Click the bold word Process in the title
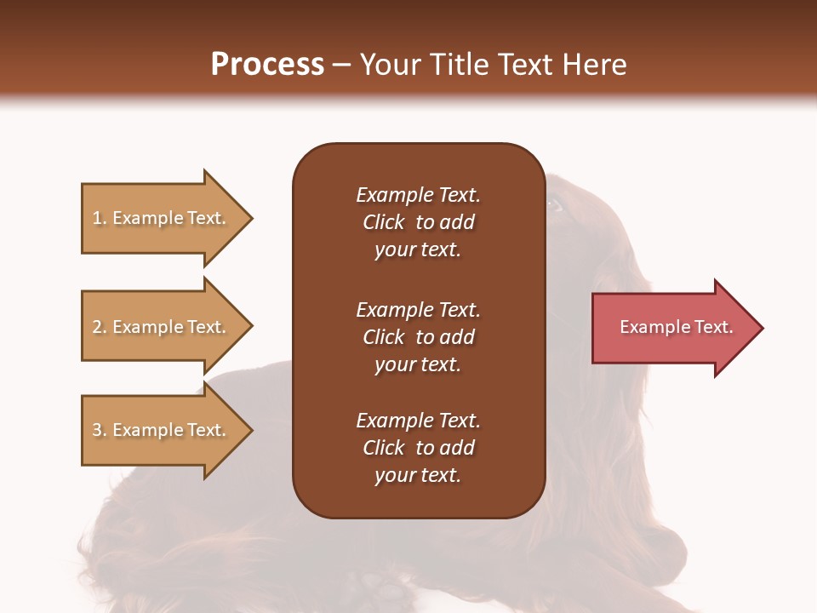(267, 65)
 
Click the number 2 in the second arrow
(97, 327)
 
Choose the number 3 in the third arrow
(97, 430)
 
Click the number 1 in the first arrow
(97, 218)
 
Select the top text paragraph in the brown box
(418, 222)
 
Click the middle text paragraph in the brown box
(418, 336)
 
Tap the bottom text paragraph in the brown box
(418, 448)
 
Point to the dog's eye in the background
(554, 204)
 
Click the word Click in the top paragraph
(383, 222)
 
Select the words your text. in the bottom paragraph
(418, 475)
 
